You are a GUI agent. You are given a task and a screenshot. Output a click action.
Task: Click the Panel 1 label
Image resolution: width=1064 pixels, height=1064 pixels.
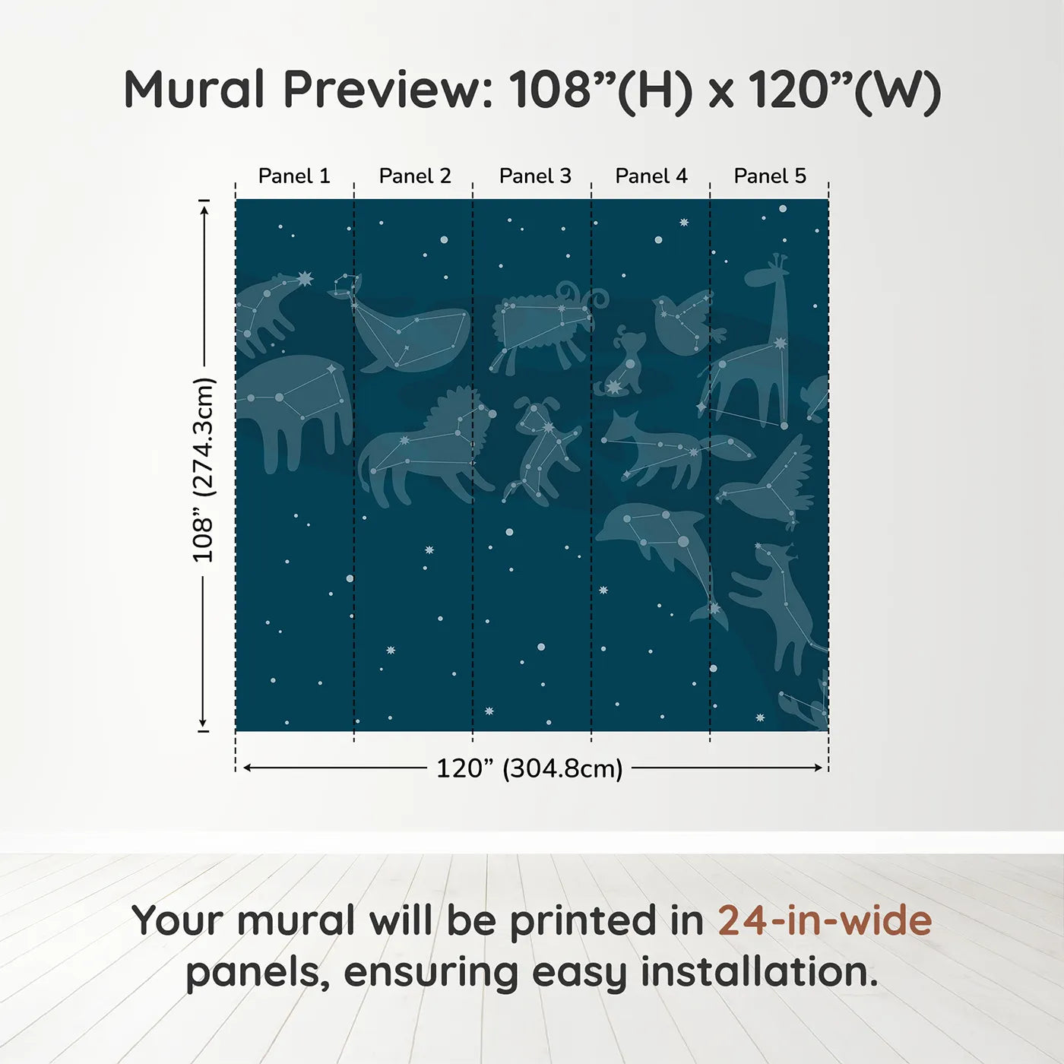294,176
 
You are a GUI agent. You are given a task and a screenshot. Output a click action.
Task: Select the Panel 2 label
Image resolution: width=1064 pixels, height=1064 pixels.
415,176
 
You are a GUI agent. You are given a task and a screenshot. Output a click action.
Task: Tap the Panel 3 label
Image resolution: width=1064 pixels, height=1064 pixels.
535,176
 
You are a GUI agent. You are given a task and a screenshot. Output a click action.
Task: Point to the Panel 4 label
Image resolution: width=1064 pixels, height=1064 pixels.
651,176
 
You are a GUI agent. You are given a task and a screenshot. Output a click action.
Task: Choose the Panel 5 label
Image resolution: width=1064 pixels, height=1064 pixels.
770,176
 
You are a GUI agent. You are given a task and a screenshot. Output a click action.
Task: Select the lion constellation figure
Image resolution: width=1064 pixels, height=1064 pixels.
426,448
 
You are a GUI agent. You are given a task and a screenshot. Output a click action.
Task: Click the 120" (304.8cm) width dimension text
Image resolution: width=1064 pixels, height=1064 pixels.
529,768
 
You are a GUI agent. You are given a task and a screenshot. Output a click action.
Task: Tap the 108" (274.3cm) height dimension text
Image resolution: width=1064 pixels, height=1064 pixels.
204,470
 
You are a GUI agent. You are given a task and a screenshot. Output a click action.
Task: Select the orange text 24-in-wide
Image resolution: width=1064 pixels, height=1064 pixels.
825,921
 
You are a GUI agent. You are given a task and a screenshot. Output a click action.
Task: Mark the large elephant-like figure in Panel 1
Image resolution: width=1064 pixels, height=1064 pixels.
293,407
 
